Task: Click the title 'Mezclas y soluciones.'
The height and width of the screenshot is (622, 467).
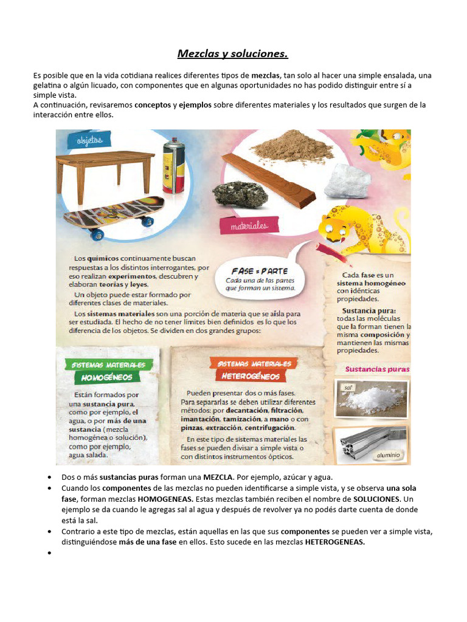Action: pyautogui.click(x=233, y=54)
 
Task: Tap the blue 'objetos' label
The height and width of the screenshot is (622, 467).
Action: pyautogui.click(x=89, y=140)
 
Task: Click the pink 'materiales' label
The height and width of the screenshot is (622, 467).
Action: pyautogui.click(x=249, y=226)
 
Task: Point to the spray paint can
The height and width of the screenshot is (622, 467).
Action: pyautogui.click(x=173, y=165)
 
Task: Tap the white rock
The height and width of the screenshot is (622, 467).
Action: pyautogui.click(x=347, y=182)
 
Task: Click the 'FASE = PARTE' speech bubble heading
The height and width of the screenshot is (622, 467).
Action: pyautogui.click(x=260, y=271)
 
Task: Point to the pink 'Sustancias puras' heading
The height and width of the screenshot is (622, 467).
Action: pyautogui.click(x=377, y=369)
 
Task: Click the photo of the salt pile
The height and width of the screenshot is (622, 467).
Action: pyautogui.click(x=372, y=399)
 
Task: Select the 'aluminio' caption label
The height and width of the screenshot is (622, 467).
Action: pyautogui.click(x=387, y=454)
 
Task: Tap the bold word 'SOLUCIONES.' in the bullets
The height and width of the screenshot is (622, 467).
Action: pyautogui.click(x=372, y=499)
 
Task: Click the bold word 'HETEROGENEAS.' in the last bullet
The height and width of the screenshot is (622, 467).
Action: pyautogui.click(x=334, y=542)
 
